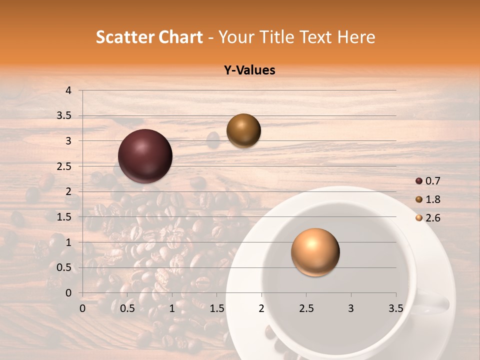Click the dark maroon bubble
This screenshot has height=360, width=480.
145,156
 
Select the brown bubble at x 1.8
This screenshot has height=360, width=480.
243,131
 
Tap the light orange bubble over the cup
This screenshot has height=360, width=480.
315,252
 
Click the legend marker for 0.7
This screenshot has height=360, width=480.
419,181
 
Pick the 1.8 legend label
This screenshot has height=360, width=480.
432,199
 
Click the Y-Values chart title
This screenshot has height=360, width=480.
249,70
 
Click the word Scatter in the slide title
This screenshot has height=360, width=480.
123,37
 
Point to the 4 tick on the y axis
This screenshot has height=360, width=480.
68,90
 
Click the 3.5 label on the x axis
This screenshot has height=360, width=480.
395,308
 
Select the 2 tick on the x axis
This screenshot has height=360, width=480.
261,308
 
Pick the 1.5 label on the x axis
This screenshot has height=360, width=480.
216,308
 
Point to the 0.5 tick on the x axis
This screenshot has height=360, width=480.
127,308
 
